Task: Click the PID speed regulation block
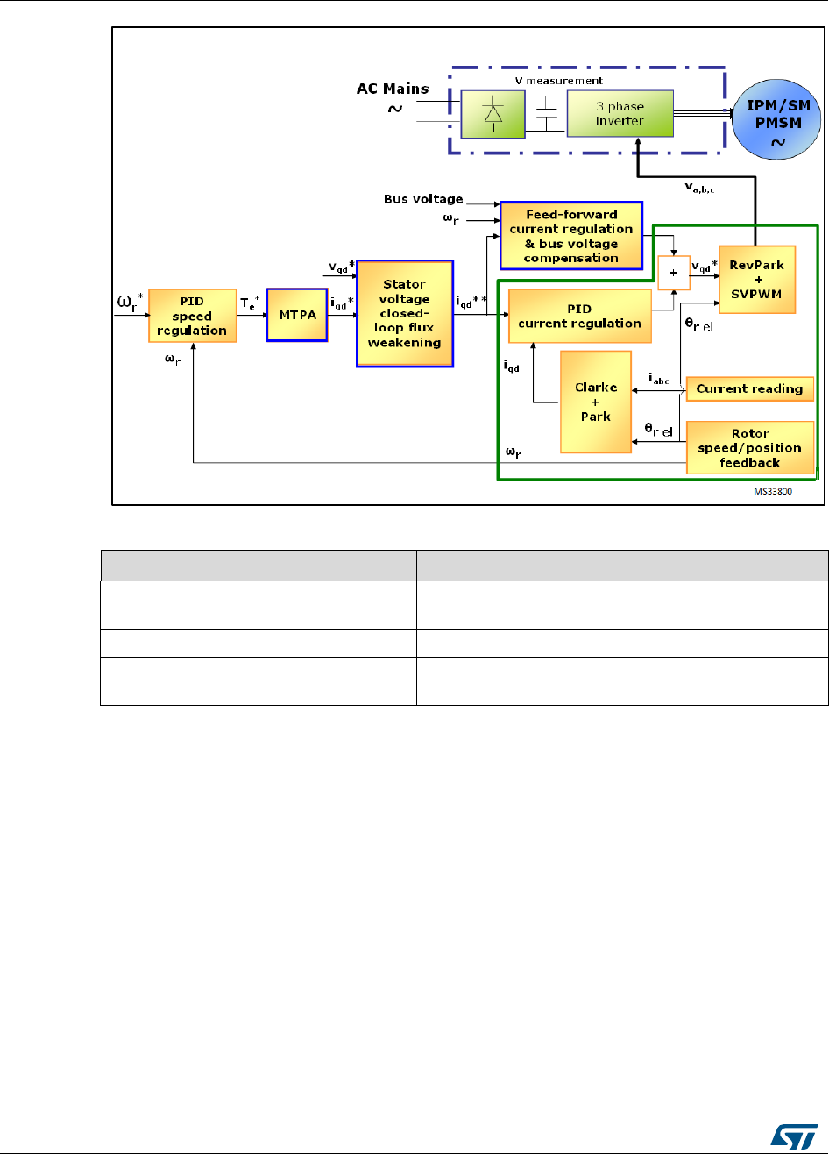pyautogui.click(x=192, y=316)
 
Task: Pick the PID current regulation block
pyautogui.click(x=579, y=317)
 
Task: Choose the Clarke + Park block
pyautogui.click(x=596, y=402)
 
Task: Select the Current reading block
pyautogui.click(x=750, y=388)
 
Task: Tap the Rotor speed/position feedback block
pyautogui.click(x=750, y=448)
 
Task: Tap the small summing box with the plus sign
pyautogui.click(x=674, y=273)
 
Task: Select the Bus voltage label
pyautogui.click(x=423, y=200)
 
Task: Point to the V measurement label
pyautogui.click(x=571, y=80)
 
